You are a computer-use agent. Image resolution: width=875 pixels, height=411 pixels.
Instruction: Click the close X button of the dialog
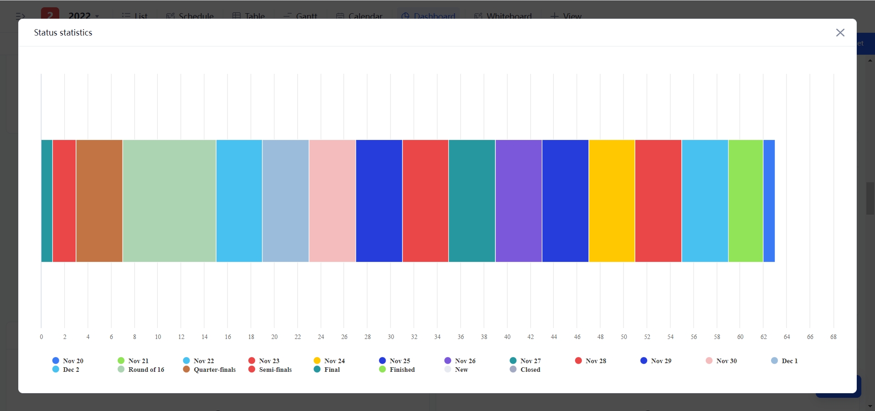click(840, 33)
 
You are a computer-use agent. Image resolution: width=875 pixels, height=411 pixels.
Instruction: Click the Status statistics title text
click(63, 33)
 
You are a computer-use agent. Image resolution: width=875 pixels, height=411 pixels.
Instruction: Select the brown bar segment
click(99, 200)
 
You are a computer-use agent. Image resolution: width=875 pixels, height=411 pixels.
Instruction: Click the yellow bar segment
click(612, 200)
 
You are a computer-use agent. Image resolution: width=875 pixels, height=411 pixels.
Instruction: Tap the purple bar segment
click(519, 200)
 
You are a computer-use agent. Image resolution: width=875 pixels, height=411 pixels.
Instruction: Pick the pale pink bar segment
click(332, 200)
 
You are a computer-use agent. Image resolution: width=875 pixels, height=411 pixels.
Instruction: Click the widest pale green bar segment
click(169, 200)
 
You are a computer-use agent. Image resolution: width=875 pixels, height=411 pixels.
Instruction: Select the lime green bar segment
click(746, 200)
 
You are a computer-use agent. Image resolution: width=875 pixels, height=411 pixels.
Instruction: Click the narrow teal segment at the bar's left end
click(46, 200)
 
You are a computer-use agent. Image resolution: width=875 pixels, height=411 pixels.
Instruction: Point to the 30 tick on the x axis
click(391, 337)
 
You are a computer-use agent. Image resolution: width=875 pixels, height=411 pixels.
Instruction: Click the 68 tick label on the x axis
click(833, 337)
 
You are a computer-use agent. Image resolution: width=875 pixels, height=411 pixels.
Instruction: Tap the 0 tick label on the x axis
click(41, 337)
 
